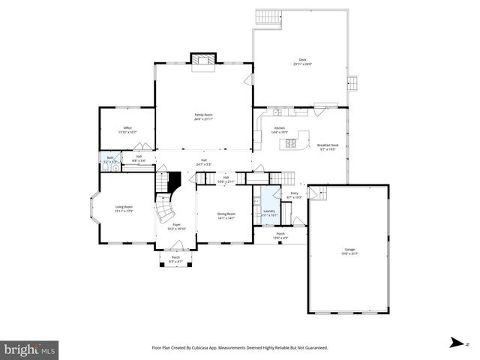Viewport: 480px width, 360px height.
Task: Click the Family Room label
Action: point(203,116)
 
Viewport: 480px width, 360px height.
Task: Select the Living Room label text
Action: point(124,209)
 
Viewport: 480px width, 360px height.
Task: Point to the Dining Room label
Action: point(226,216)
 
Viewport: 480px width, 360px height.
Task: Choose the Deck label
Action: point(302,61)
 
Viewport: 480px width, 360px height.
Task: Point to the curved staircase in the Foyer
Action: point(165,209)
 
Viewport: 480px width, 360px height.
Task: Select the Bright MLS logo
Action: point(30,349)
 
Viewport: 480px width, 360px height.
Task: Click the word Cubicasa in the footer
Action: point(222,348)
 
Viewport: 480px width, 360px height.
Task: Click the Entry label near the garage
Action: point(294,195)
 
